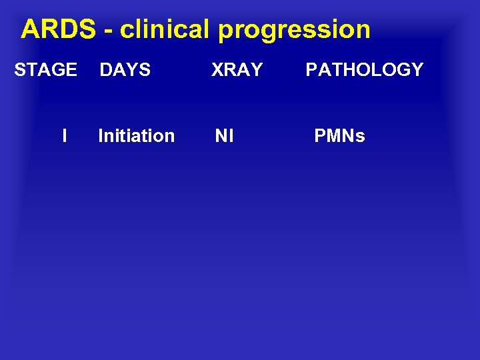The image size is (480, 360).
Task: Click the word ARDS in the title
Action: pos(58,29)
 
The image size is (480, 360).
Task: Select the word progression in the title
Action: pos(294,30)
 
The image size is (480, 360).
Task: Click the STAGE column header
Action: pos(45,69)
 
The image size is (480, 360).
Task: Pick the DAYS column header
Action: pos(125,69)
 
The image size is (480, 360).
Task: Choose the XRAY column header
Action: pos(237,69)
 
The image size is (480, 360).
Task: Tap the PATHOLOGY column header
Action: pos(364,69)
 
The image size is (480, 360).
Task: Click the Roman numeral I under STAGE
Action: pos(64,136)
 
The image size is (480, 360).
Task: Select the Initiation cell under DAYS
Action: pos(136,136)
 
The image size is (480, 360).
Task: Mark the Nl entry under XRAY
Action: pos(224,136)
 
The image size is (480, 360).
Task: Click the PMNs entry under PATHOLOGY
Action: pos(339,136)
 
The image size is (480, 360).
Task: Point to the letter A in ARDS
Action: pos(30,29)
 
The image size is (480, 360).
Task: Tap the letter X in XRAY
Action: pos(217,69)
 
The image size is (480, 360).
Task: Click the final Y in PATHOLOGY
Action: pos(417,69)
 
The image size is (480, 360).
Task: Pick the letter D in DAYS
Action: pos(105,69)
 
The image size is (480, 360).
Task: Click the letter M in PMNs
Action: pos(333,136)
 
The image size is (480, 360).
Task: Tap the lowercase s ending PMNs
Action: pos(361,137)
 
